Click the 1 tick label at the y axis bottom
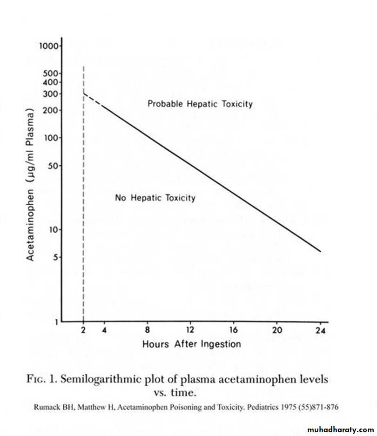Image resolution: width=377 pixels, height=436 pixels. [x=56, y=322]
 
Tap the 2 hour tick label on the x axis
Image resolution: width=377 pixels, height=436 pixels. [x=83, y=331]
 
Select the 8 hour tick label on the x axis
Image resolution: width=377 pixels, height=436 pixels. [x=148, y=331]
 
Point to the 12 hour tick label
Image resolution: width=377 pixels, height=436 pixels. [x=190, y=331]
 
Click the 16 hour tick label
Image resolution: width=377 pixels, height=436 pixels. [x=234, y=331]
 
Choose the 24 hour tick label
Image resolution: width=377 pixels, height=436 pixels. [x=320, y=331]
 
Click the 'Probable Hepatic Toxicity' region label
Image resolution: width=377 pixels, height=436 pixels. [x=200, y=104]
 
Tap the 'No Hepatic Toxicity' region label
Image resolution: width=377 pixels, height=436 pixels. [x=155, y=198]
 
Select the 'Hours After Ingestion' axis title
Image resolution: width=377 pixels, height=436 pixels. [x=191, y=344]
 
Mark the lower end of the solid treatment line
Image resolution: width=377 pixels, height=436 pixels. [x=320, y=251]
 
